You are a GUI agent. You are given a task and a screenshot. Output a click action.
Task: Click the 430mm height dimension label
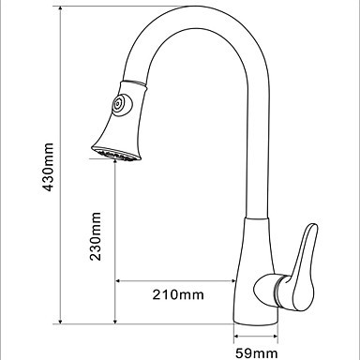click(x=48, y=167)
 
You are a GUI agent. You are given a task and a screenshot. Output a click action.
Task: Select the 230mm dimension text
click(x=95, y=236)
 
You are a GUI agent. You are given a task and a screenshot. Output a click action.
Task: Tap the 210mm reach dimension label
click(x=178, y=294)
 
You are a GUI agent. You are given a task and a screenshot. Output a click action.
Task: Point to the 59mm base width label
click(x=256, y=353)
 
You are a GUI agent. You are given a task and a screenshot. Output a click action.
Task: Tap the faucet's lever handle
click(x=303, y=266)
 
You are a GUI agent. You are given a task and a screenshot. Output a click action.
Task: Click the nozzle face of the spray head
click(x=116, y=154)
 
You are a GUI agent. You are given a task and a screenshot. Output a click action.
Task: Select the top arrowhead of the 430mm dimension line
click(x=60, y=9)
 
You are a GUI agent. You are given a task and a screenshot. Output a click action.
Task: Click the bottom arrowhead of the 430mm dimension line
click(x=60, y=321)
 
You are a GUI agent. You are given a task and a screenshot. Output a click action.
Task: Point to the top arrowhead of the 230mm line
click(x=115, y=162)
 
